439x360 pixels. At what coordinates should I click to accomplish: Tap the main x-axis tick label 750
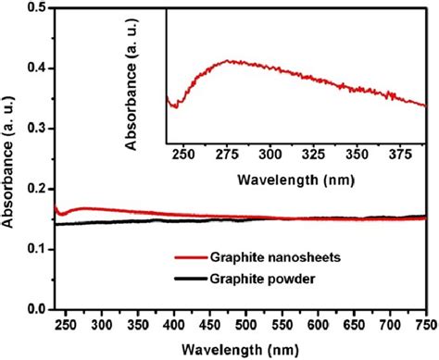pyautogui.click(x=425, y=322)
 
